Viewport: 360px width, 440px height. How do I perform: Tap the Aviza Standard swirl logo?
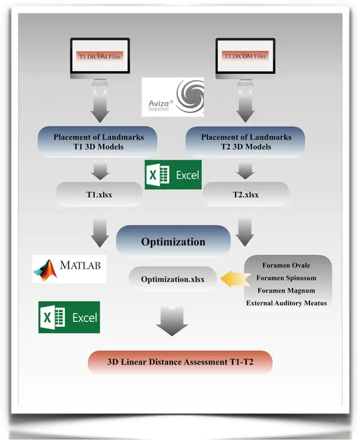[173, 97]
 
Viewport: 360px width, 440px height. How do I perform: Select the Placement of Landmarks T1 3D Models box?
[98, 142]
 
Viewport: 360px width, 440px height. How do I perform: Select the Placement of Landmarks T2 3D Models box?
[246, 142]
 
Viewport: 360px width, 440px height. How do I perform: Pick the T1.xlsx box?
[99, 194]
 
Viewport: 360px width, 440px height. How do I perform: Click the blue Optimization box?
[173, 241]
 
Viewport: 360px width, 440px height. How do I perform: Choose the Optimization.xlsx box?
[173, 279]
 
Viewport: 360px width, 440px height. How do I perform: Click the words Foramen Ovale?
[286, 266]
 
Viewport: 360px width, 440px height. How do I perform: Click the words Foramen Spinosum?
[286, 278]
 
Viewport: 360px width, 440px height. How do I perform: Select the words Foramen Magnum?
[286, 290]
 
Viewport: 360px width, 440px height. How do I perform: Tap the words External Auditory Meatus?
[286, 302]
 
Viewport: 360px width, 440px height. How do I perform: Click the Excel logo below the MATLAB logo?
[69, 317]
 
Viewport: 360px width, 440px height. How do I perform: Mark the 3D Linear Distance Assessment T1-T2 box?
[179, 362]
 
